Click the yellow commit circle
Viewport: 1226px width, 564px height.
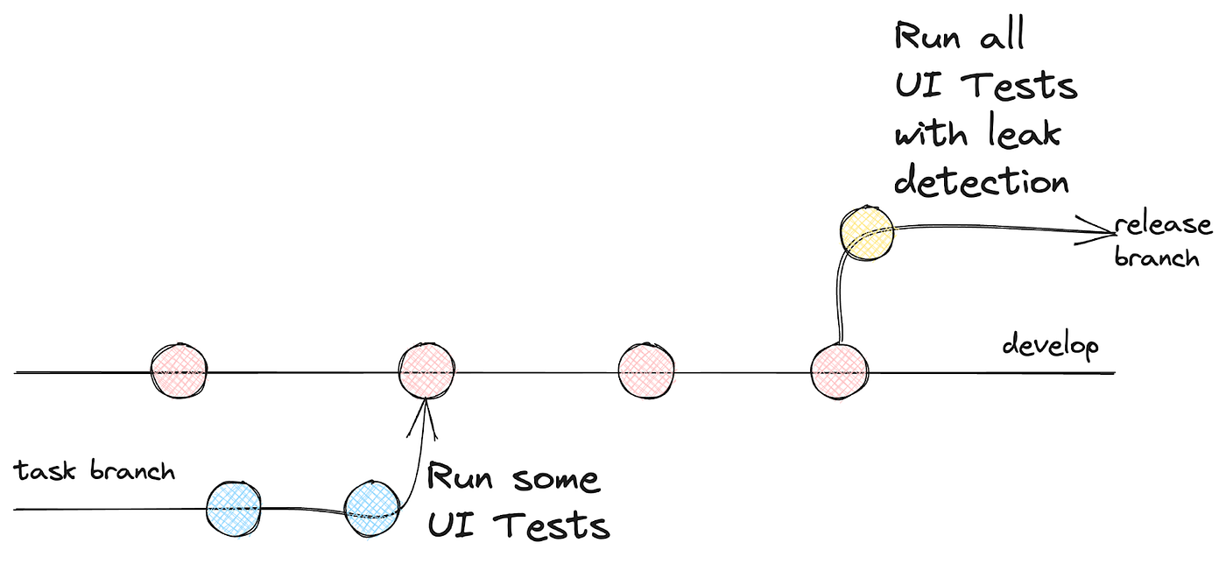pyautogui.click(x=866, y=231)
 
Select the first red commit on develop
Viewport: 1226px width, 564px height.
pyautogui.click(x=180, y=371)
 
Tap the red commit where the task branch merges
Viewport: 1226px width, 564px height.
pyautogui.click(x=426, y=371)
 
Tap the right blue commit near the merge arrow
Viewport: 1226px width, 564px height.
pyautogui.click(x=372, y=507)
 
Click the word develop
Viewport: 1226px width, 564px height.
pyautogui.click(x=1050, y=346)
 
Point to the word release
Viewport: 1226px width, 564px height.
pyautogui.click(x=1164, y=225)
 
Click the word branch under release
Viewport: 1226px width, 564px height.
pyautogui.click(x=1156, y=257)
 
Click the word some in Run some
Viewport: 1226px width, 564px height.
pyautogui.click(x=555, y=479)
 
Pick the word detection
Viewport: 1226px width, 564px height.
pyautogui.click(x=981, y=181)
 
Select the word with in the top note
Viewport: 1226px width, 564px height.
pyautogui.click(x=930, y=134)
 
